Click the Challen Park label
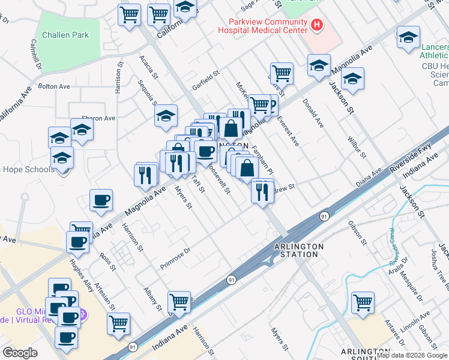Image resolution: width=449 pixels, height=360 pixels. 64,35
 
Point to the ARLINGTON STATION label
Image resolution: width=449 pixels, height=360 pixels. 298,250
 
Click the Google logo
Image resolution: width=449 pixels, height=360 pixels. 20,352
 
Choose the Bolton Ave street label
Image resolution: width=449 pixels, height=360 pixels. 54,86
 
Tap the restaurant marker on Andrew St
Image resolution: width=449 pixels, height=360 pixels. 262,191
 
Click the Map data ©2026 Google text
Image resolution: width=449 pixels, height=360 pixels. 412,355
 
